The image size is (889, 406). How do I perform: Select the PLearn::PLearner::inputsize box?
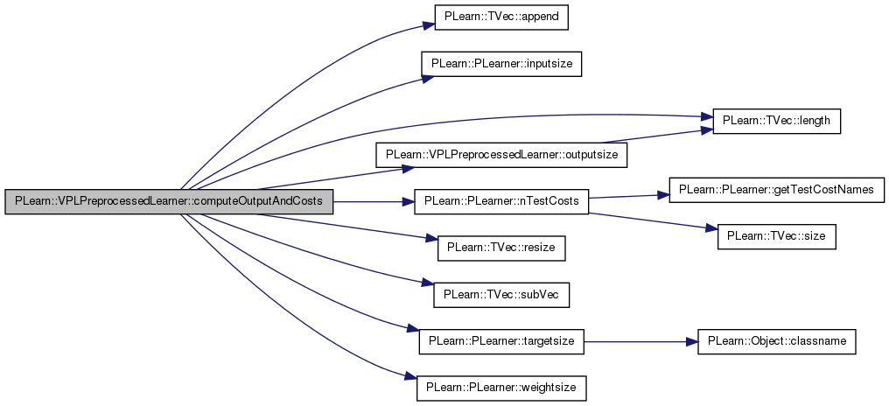[501, 64]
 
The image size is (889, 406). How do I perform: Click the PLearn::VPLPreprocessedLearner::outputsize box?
[501, 154]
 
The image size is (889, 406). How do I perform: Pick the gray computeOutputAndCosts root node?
[169, 201]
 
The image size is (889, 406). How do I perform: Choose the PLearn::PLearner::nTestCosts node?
[501, 201]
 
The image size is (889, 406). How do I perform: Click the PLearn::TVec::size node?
[777, 235]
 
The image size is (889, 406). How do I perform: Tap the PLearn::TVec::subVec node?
[501, 295]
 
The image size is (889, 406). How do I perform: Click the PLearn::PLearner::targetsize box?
[501, 342]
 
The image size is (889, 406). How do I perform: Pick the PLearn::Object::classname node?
[776, 342]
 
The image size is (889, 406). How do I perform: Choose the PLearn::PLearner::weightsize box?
[501, 386]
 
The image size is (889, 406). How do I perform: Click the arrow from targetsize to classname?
[640, 342]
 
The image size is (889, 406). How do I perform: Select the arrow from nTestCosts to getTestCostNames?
[628, 194]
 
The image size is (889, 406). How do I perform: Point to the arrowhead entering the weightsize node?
[409, 377]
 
